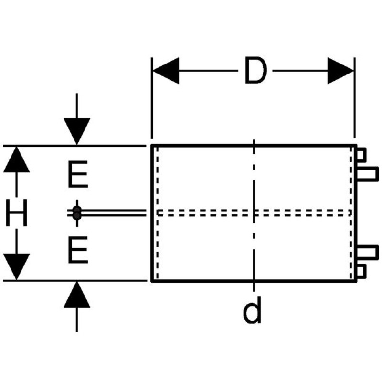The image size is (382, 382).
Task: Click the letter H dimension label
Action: [17, 213]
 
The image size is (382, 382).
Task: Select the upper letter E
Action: [77, 175]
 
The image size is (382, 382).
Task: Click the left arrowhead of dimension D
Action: [165, 71]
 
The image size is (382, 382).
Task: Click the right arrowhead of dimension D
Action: [341, 71]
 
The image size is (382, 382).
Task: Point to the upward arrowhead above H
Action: [17, 159]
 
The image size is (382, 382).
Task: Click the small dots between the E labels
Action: [76, 213]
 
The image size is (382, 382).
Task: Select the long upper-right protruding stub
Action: [367, 174]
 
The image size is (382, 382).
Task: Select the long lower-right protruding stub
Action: [367, 252]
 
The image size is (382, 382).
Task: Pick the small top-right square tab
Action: [361, 155]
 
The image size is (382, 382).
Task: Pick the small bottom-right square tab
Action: [361, 271]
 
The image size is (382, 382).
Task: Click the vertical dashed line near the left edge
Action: [157, 239]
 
